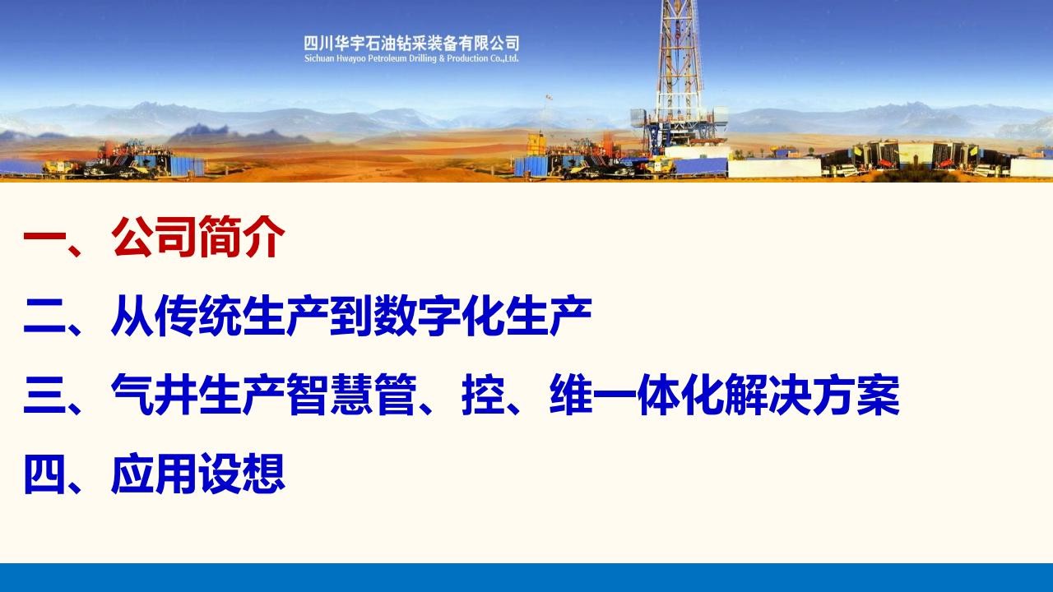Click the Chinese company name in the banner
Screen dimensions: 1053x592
click(x=411, y=44)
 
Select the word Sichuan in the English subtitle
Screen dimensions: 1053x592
click(x=318, y=58)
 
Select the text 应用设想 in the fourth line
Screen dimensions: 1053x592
click(x=198, y=473)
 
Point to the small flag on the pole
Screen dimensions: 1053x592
click(x=549, y=98)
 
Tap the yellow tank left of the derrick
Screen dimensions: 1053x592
click(x=535, y=145)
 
